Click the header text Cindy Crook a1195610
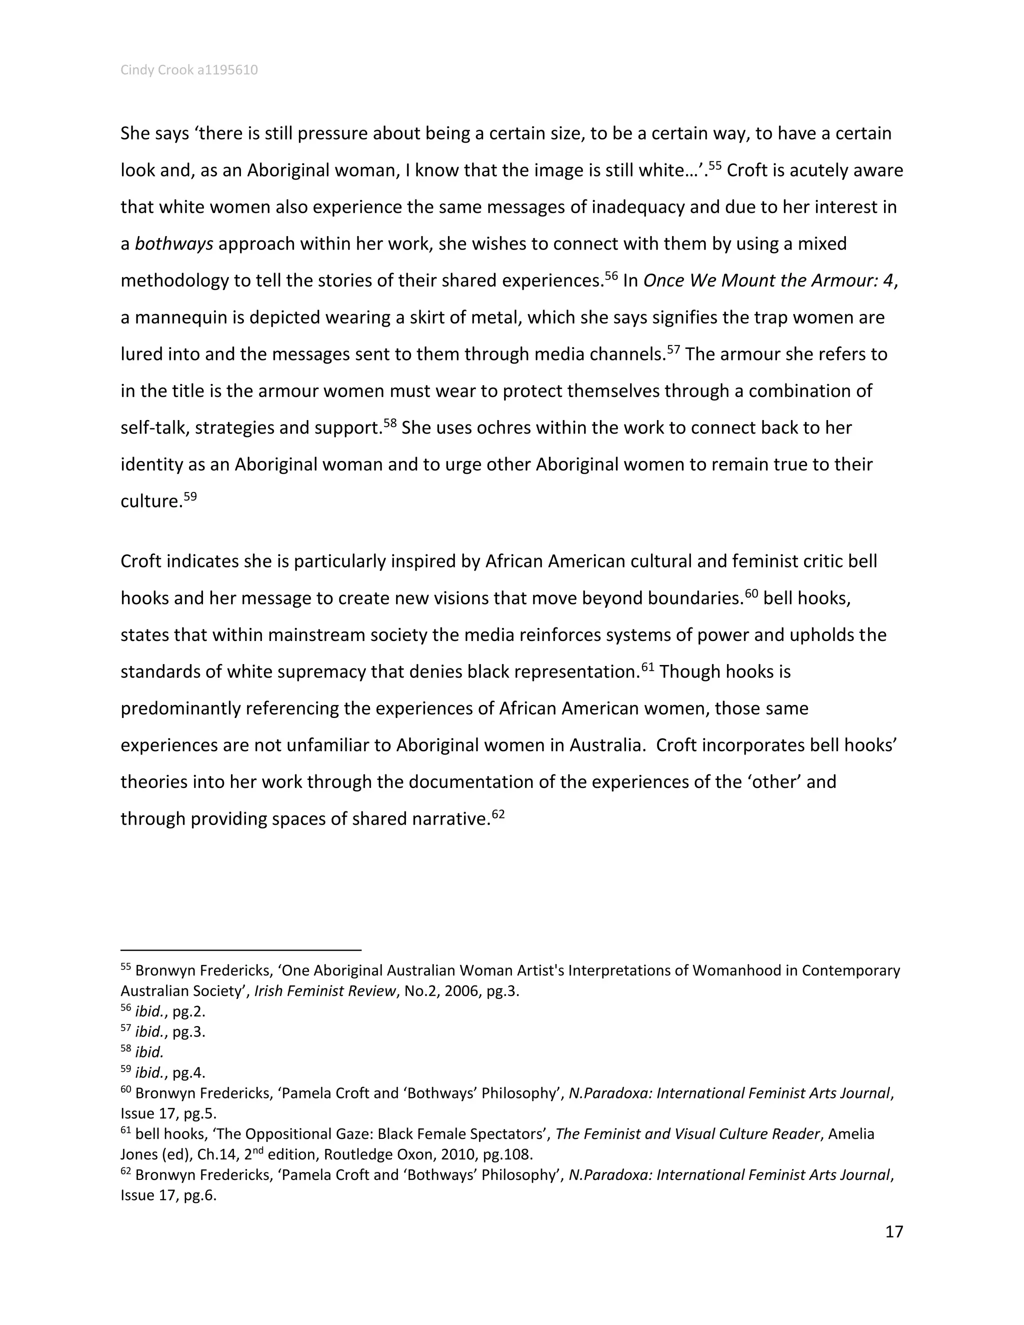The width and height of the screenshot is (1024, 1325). (x=188, y=70)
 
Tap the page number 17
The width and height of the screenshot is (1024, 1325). (x=893, y=1231)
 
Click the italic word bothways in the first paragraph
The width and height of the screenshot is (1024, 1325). (x=173, y=244)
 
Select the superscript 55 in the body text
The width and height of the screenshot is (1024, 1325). (x=714, y=165)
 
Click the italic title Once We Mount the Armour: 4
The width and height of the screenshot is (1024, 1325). (x=768, y=280)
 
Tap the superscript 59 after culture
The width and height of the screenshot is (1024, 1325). (x=190, y=496)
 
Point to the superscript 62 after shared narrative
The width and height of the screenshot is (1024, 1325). (x=498, y=813)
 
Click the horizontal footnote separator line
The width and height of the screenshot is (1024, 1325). (x=241, y=950)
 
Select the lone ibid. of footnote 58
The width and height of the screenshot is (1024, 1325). (x=149, y=1052)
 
